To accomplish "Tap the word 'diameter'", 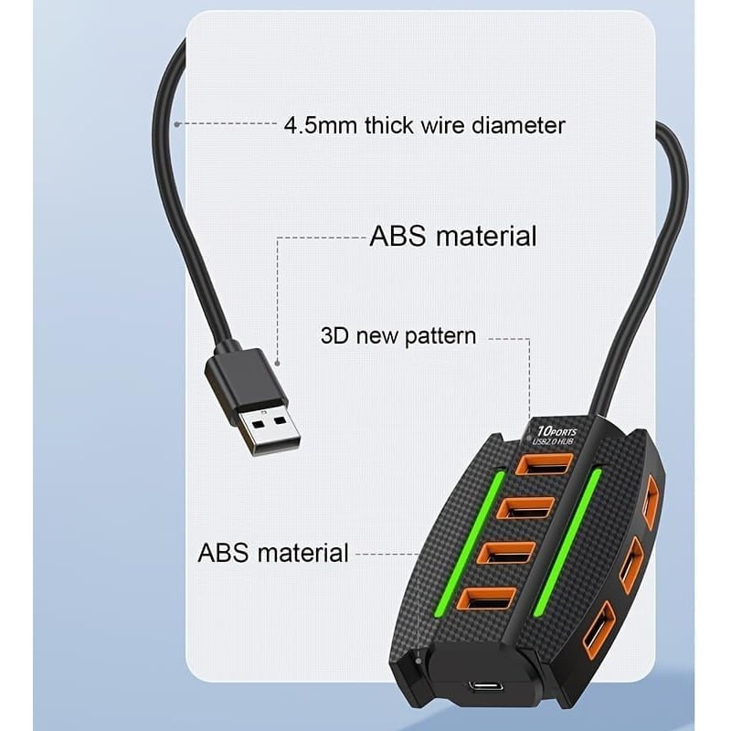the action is pos(518,125).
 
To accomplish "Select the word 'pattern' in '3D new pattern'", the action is pos(440,336).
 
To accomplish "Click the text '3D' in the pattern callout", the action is pos(334,335).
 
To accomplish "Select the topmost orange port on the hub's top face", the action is pos(544,464).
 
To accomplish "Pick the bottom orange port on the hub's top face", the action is pos(487,599).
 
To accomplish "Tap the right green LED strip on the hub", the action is pos(567,542).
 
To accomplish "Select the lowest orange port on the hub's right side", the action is pos(599,630).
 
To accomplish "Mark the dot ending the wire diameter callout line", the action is pos(176,124).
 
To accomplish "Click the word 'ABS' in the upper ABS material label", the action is pos(397,236).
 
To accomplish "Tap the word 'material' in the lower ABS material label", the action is pos(302,553).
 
